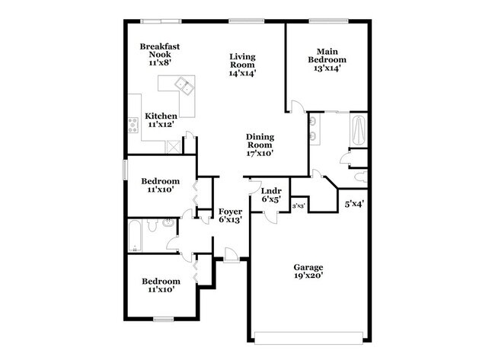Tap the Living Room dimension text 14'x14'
pos(243,74)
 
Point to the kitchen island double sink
pos(186,88)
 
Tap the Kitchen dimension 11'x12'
pos(161,124)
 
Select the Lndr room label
pos(271,191)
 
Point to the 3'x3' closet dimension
pos(299,205)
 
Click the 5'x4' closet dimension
pos(353,204)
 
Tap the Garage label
pos(308,267)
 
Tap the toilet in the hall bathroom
pos(152,225)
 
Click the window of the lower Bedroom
pos(163,317)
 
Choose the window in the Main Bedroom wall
pos(328,21)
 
